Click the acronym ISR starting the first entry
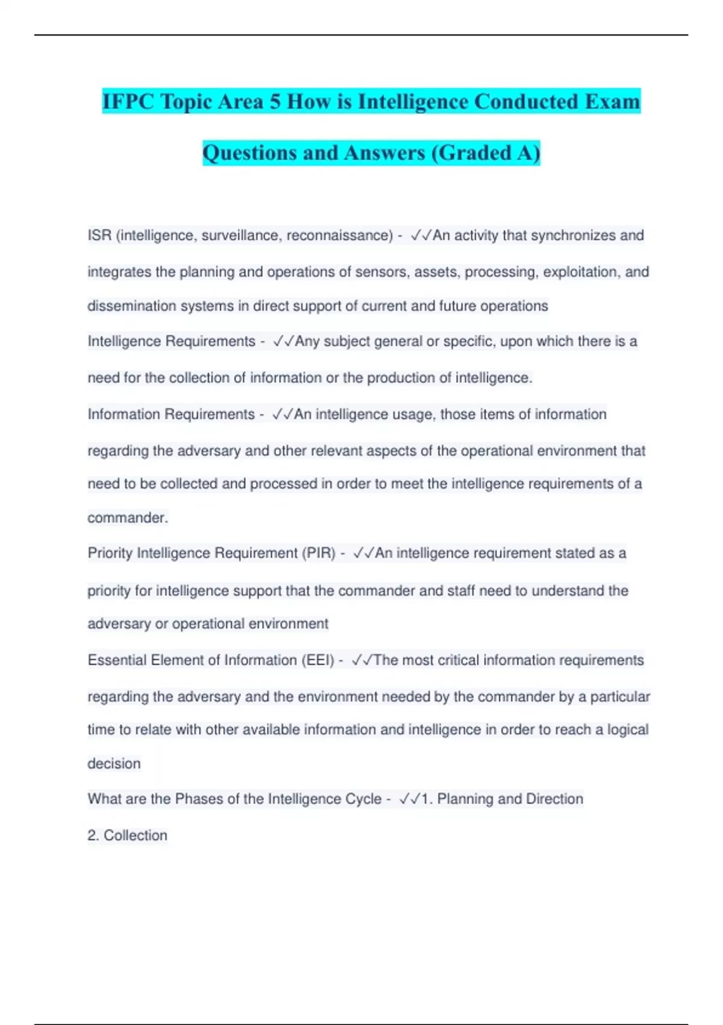[99, 235]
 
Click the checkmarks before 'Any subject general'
[283, 341]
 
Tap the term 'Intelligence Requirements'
[172, 341]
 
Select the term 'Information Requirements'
[171, 414]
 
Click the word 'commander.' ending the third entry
[128, 517]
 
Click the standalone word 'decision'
[114, 763]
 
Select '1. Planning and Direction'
[502, 799]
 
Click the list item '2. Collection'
[127, 835]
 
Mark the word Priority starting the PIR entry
[110, 553]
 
